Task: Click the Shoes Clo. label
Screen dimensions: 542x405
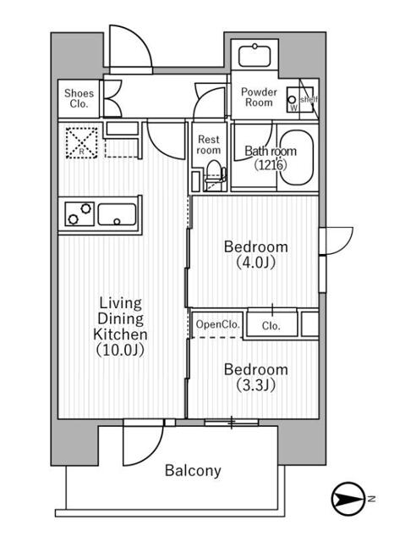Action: tap(79, 99)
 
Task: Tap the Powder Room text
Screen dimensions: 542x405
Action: tap(258, 97)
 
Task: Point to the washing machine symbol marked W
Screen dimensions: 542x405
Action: tap(293, 100)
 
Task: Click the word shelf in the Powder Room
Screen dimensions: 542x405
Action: tap(309, 99)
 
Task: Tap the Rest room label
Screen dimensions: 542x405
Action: tap(209, 144)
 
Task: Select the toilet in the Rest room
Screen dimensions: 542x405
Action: tap(213, 173)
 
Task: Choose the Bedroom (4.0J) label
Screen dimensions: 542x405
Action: tap(255, 254)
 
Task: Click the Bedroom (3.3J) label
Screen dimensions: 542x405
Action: tap(255, 377)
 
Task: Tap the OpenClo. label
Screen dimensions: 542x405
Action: tap(217, 324)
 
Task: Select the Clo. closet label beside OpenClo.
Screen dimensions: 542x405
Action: tap(271, 325)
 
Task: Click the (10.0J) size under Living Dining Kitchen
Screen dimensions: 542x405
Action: tap(119, 349)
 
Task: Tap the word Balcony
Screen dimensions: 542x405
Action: tap(193, 471)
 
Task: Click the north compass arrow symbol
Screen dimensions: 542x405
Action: tap(349, 500)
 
